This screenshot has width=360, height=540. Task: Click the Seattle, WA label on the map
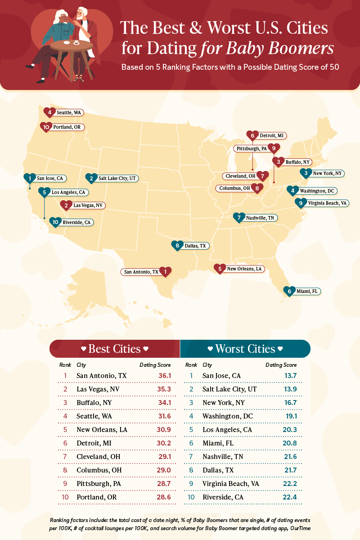pos(70,112)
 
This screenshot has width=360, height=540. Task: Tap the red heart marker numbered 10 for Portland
pos(45,127)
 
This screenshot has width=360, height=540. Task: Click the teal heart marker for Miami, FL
pos(289,291)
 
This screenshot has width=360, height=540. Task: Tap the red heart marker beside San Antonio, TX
pos(166,271)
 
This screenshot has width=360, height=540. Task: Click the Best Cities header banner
pos(114,349)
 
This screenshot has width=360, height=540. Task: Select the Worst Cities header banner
pos(245,349)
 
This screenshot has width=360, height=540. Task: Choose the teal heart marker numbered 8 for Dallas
pos(177,245)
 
